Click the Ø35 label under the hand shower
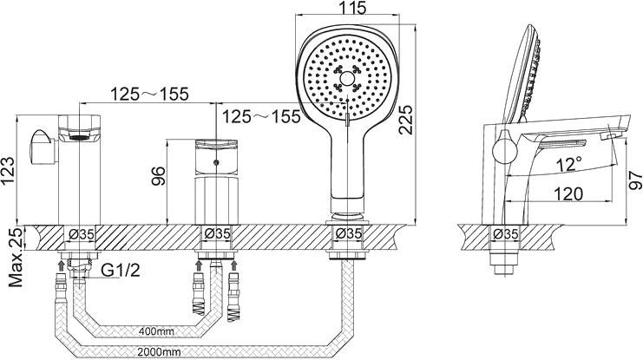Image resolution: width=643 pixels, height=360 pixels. (348, 232)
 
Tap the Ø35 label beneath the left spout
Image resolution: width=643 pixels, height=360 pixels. (81, 232)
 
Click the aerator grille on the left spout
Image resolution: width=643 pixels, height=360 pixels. (76, 135)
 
